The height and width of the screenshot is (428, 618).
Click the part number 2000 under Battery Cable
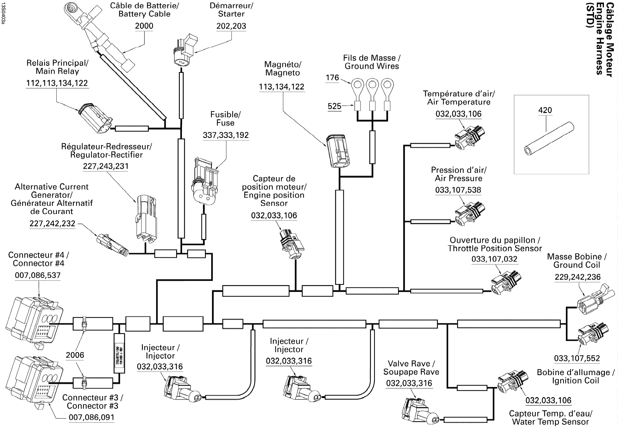(x=144, y=26)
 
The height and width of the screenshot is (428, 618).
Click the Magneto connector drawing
(x=338, y=151)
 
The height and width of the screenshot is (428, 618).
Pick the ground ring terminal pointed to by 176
(x=357, y=85)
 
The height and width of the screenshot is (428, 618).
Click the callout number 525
(x=334, y=106)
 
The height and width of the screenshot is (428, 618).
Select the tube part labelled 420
(x=549, y=138)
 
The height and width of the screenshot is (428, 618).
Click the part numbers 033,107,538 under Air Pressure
(x=458, y=190)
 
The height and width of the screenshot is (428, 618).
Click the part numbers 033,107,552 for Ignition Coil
(x=577, y=358)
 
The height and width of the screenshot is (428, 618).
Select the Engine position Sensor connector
(x=292, y=243)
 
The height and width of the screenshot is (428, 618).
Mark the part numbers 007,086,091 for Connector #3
(x=91, y=417)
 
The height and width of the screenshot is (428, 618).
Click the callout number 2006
(x=75, y=355)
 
